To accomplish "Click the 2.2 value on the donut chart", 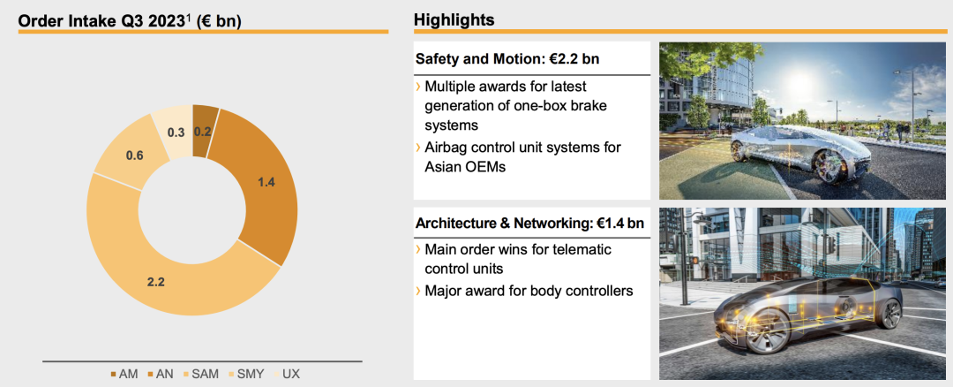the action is (156, 283).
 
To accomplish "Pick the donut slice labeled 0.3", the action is (176, 131).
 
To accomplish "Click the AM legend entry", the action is (124, 374).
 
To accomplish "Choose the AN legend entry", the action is (161, 374).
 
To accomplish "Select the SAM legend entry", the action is (200, 374).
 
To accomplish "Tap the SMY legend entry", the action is (245, 374).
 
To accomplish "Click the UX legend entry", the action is (286, 374).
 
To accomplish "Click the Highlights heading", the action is (454, 19).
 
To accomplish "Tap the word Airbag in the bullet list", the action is (446, 148).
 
